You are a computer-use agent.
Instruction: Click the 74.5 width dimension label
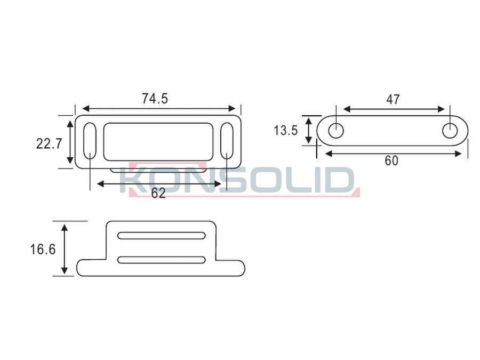155,99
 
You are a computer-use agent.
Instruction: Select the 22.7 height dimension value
49,143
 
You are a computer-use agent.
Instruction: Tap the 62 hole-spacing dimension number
158,193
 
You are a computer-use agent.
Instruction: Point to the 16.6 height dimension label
43,250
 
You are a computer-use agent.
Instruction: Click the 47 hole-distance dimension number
393,99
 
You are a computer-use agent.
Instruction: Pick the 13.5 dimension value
286,131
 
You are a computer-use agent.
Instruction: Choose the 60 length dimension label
391,161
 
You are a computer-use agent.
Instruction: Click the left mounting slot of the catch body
90,141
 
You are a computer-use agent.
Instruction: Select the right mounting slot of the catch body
227,141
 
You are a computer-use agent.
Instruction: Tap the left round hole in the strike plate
336,131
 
